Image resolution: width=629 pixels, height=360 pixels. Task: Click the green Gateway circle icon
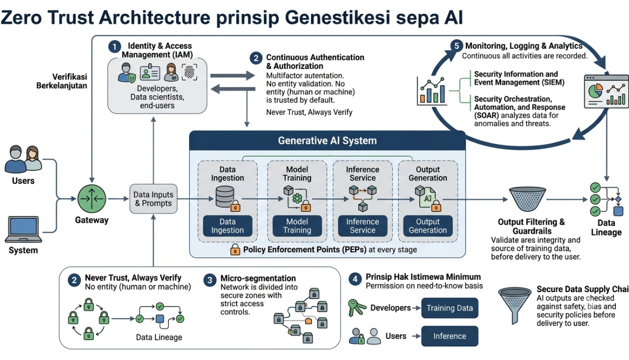coord(92,199)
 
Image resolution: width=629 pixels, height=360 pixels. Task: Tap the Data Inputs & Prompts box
coord(153,199)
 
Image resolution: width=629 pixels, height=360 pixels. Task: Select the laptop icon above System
coord(23,229)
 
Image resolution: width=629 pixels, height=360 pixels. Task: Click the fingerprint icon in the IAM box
coord(190,72)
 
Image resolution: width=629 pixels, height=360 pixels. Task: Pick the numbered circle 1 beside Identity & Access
coord(115,47)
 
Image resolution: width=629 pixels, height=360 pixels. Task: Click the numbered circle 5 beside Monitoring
coord(456,46)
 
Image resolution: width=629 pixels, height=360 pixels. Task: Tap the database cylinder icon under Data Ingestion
coord(225,197)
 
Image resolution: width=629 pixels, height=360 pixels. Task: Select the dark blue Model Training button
coord(297,226)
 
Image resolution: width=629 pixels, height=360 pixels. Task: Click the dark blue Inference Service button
coord(362,226)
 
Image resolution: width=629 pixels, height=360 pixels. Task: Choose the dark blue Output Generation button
coord(428,226)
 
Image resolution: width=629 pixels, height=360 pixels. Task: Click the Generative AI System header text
coord(327,140)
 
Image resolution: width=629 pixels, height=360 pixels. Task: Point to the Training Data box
coord(449,308)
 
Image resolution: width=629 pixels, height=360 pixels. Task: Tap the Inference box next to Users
coord(449,336)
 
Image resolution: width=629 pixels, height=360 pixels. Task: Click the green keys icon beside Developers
coord(356,308)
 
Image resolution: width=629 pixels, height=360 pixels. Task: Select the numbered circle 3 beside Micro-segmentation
coord(210,280)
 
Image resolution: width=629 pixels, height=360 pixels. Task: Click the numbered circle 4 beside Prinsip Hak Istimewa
coord(355,279)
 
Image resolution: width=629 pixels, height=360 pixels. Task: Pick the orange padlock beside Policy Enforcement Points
coord(235,249)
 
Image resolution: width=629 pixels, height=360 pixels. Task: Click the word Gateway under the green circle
coord(92,220)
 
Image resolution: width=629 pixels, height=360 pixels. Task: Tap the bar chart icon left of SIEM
coord(432,91)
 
